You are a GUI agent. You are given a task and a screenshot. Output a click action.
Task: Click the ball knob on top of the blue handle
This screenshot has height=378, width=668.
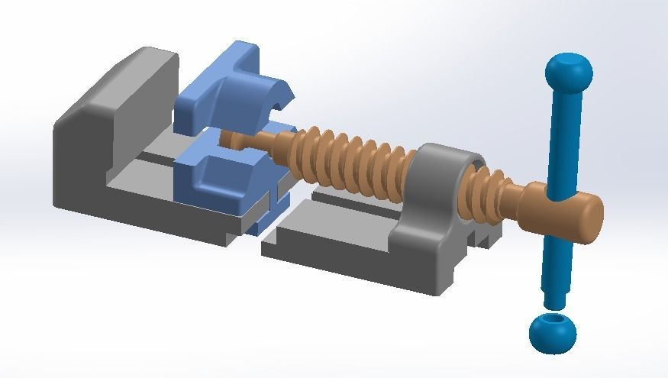pyautogui.click(x=569, y=72)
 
